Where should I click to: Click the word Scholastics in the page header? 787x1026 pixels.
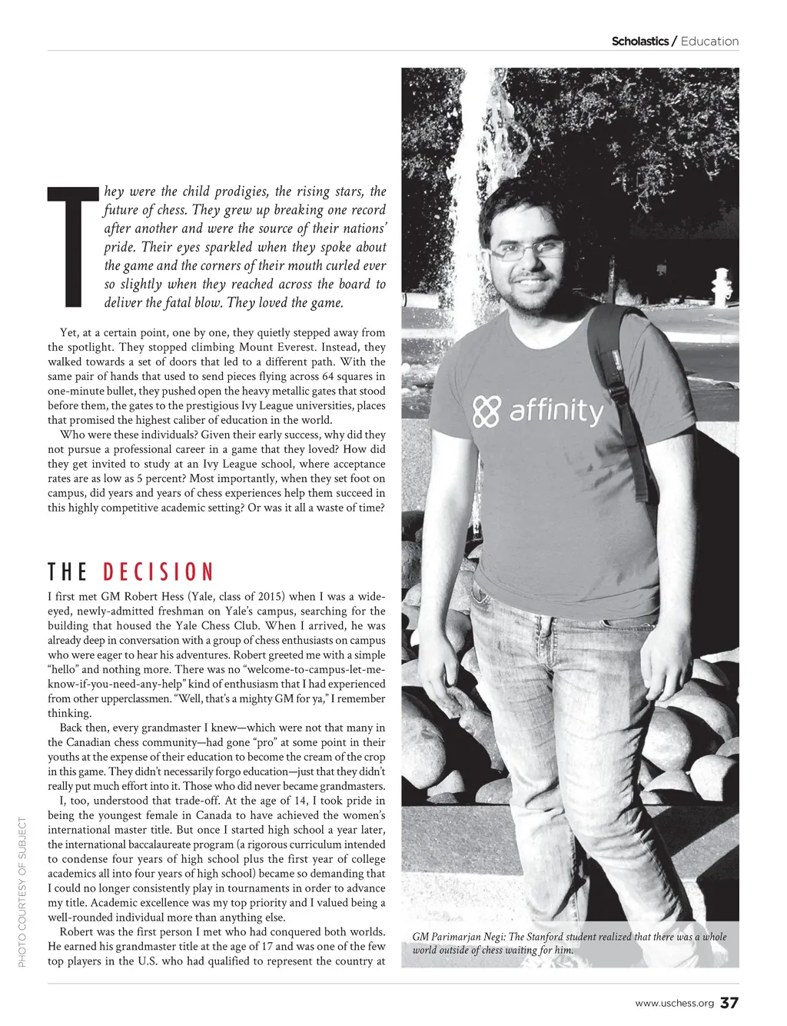(639, 42)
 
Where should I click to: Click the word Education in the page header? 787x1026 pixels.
(709, 42)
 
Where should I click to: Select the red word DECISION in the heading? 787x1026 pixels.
(158, 572)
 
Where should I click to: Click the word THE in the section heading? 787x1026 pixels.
(68, 572)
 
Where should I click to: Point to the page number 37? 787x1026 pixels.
(729, 1003)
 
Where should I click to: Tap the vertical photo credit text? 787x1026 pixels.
(23, 893)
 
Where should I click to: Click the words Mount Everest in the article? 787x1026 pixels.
(303, 348)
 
